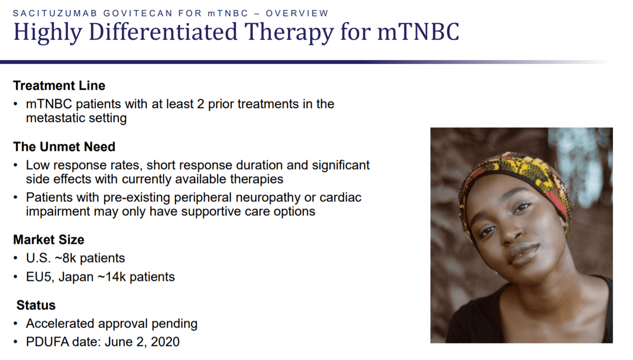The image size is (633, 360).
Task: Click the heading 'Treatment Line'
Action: [x=59, y=86]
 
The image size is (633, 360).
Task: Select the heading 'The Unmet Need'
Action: [x=64, y=147]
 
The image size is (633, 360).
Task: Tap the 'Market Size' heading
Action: [x=49, y=240]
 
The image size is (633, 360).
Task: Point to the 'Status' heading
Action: [x=36, y=305]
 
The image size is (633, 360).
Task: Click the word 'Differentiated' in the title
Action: [x=163, y=32]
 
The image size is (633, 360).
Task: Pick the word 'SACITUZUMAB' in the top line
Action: [x=55, y=13]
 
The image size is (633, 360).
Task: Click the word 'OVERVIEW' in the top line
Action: [x=297, y=13]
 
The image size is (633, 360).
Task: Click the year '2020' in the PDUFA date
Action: [x=165, y=342]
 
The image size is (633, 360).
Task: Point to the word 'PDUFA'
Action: [x=47, y=342]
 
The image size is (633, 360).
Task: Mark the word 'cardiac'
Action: [x=340, y=197]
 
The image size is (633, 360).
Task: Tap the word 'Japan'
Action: [x=76, y=277]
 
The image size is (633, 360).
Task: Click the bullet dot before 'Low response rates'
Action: [x=15, y=165]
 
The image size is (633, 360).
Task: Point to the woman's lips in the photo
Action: [x=523, y=253]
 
